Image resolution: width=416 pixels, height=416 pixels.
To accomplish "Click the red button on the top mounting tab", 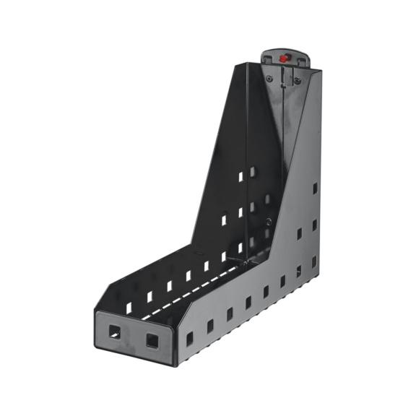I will tap(285, 56).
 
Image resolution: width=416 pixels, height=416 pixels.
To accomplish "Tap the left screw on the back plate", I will tap(269, 79).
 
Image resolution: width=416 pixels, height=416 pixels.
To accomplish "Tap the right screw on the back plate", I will tap(296, 81).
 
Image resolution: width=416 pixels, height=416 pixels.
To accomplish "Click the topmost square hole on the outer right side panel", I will tap(315, 188).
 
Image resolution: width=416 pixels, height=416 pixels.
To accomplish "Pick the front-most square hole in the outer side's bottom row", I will tap(190, 337).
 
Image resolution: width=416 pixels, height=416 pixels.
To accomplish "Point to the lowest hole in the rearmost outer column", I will tap(314, 261).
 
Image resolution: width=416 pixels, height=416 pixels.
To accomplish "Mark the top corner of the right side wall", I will tap(311, 71).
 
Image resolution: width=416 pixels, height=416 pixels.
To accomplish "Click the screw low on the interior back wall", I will tap(269, 222).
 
